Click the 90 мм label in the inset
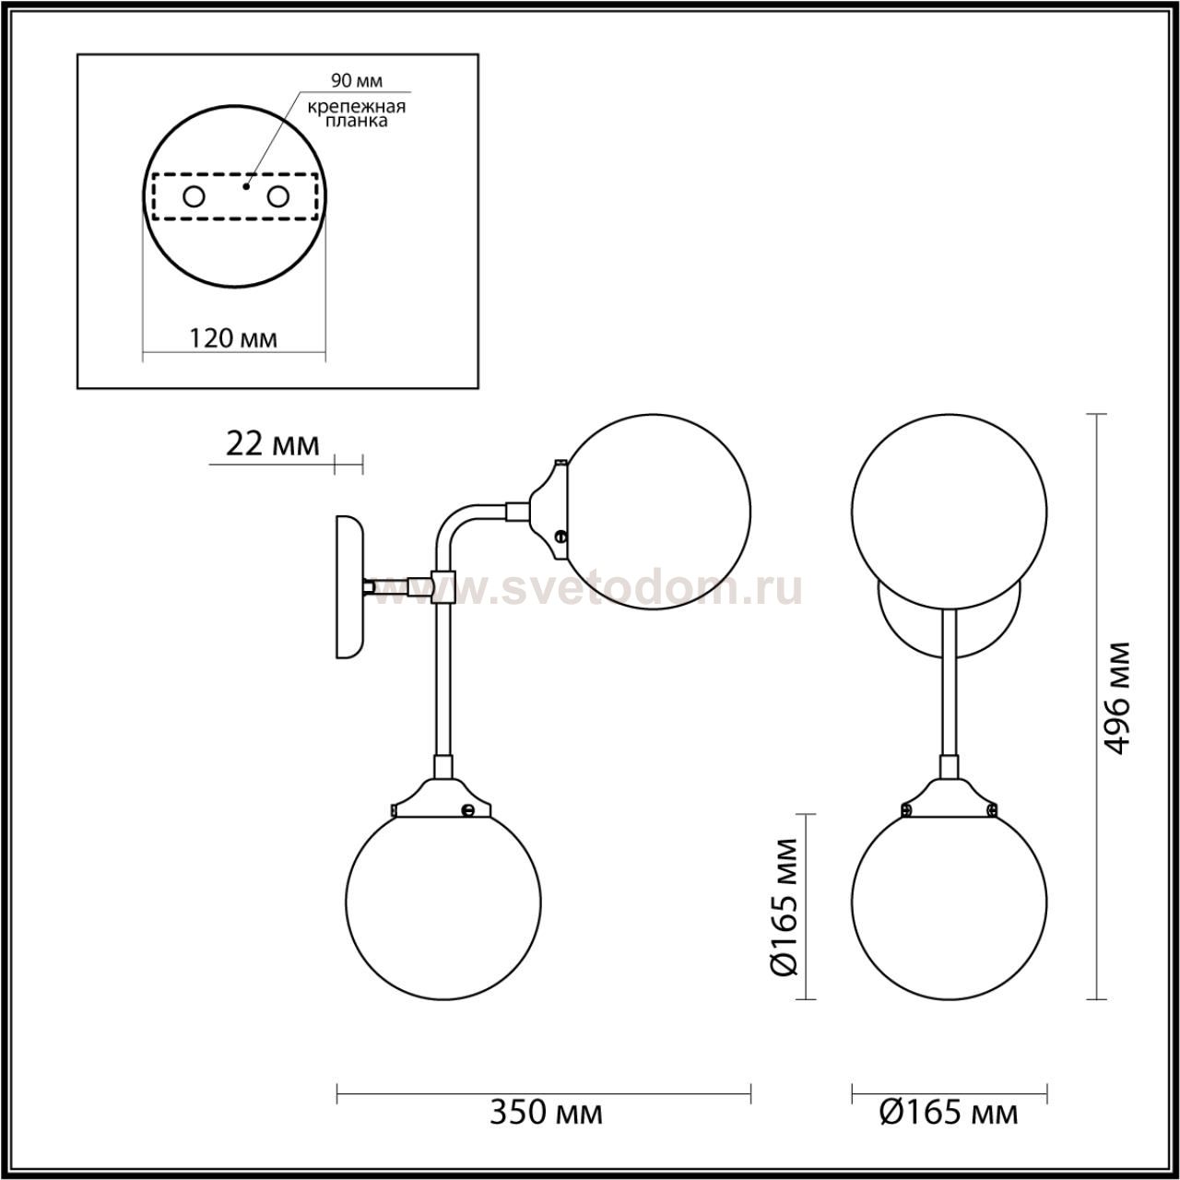pyautogui.click(x=357, y=80)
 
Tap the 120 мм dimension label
pyautogui.click(x=232, y=338)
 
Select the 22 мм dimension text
pyautogui.click(x=273, y=445)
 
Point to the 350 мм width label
pyautogui.click(x=546, y=1112)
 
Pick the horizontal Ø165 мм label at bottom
pyautogui.click(x=949, y=1112)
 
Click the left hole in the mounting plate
pyautogui.click(x=195, y=197)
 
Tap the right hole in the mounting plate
pyautogui.click(x=278, y=197)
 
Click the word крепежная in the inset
pyautogui.click(x=357, y=107)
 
